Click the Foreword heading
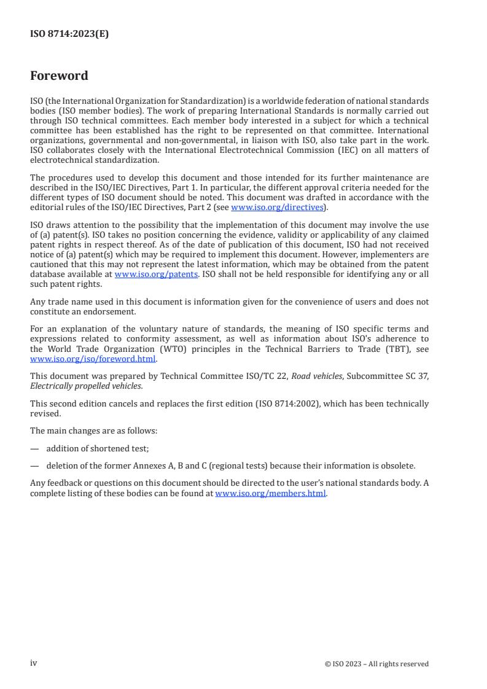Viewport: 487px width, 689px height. [x=59, y=76]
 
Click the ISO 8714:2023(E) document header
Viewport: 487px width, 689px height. [x=69, y=34]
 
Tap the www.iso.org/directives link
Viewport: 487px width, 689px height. [x=277, y=208]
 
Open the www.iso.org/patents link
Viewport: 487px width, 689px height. [x=156, y=274]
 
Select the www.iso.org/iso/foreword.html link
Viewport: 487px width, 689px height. [x=93, y=359]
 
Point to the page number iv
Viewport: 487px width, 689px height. [x=34, y=663]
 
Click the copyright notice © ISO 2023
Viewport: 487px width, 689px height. [x=376, y=664]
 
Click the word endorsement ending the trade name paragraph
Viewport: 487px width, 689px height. [x=106, y=312]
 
